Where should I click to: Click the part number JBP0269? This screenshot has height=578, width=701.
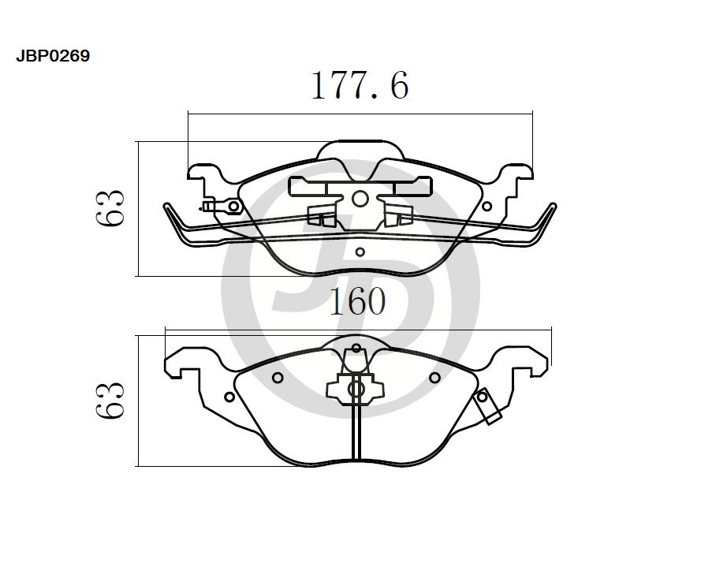[53, 57]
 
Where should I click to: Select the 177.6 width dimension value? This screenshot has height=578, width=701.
[360, 86]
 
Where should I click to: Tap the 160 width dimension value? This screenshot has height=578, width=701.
[357, 301]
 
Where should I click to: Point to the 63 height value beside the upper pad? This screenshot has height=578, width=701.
[110, 209]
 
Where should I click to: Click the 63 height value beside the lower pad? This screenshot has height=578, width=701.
[110, 401]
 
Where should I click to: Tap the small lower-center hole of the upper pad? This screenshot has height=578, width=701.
[360, 252]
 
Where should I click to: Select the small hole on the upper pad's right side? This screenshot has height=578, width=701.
[487, 207]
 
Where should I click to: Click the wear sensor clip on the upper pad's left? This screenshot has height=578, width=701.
[222, 207]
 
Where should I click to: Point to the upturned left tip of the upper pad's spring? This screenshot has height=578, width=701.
[168, 209]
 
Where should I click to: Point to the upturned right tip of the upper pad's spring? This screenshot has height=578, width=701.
[554, 209]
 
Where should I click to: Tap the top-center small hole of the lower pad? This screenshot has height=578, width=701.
[356, 348]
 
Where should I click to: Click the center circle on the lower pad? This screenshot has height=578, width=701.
[356, 389]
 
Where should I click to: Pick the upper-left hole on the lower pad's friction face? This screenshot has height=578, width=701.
[277, 378]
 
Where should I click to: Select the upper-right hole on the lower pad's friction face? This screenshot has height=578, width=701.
[434, 378]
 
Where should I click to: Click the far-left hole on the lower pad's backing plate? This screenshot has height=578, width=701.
[229, 397]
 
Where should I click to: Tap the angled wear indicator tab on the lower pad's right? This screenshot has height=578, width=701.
[487, 408]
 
